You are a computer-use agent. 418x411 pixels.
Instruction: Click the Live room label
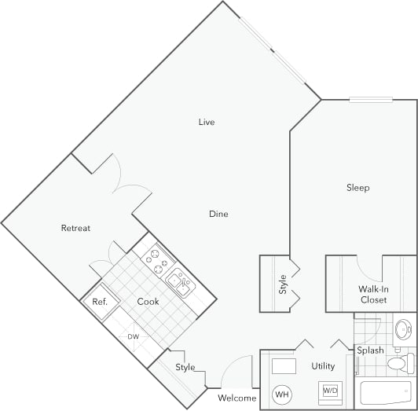[207, 122]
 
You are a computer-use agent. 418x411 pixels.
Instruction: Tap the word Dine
[218, 214]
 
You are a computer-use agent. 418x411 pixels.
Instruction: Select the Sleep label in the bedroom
[358, 188]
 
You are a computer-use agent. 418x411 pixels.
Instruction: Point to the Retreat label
[75, 228]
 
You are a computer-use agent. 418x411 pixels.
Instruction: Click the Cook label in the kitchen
[148, 302]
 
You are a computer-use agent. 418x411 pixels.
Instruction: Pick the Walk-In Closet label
[372, 294]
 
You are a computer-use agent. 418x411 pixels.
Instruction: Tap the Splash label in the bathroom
[370, 350]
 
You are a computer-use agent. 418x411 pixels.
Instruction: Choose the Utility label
[323, 366]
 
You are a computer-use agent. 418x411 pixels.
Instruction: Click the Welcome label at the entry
[236, 398]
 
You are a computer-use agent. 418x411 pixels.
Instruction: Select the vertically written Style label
[282, 284]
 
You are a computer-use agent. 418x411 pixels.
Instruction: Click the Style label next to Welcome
[185, 367]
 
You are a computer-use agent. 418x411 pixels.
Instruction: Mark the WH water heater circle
[281, 394]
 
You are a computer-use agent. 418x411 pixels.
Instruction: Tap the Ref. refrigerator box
[100, 303]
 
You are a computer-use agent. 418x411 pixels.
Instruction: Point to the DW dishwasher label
[133, 337]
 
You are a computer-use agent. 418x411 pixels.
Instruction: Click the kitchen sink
[180, 285]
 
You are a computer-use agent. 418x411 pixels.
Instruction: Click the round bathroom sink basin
[403, 328]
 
